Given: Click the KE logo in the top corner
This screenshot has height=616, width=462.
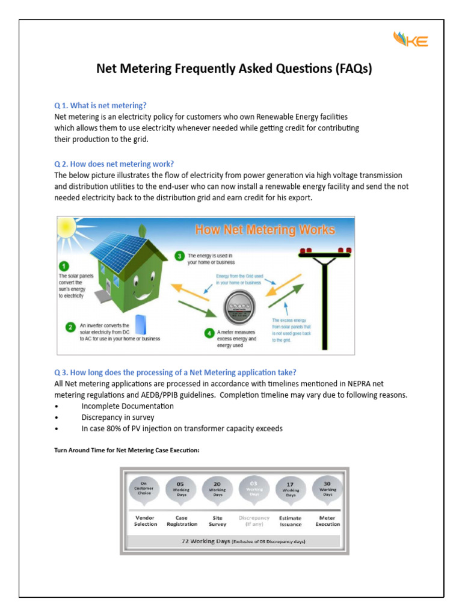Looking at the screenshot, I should pyautogui.click(x=410, y=40).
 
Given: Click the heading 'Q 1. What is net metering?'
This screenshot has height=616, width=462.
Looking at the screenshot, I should pyautogui.click(x=100, y=105).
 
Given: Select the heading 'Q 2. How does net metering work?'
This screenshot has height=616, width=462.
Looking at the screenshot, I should pyautogui.click(x=114, y=164).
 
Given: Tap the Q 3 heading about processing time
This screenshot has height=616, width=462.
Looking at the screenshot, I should pyautogui.click(x=175, y=372).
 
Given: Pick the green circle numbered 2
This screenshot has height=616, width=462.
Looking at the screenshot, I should pyautogui.click(x=71, y=327).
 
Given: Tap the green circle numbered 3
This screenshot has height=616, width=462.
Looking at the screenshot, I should pyautogui.click(x=179, y=256).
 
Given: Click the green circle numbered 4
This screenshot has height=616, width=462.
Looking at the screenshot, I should pyautogui.click(x=209, y=333).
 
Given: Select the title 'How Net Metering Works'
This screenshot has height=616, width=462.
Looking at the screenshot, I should pyautogui.click(x=264, y=229).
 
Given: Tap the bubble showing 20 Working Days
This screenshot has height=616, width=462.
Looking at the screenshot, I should pyautogui.click(x=217, y=488).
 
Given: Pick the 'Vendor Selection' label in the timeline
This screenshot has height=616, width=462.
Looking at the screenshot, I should pyautogui.click(x=146, y=521).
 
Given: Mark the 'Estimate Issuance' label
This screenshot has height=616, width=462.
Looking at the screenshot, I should pyautogui.click(x=291, y=521).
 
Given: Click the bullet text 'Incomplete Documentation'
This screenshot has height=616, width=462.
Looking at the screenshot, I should pyautogui.click(x=128, y=406).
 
